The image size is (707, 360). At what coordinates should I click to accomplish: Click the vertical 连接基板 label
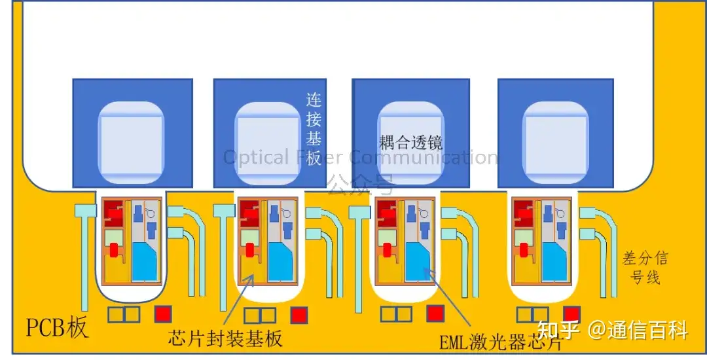tap(314, 128)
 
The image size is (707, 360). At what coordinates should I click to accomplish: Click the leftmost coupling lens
tap(132, 141)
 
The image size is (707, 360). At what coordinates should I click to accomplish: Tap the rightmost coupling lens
tap(555, 141)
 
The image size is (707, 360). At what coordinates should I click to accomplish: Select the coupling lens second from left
tap(268, 141)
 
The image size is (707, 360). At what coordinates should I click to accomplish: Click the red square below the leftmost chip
tap(163, 314)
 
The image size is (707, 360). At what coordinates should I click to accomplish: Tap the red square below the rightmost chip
tap(572, 314)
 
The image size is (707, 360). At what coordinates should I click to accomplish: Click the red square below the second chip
tap(299, 315)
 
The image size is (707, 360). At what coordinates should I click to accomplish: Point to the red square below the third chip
tap(435, 314)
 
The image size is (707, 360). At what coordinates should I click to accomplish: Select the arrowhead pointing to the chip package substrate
tap(251, 278)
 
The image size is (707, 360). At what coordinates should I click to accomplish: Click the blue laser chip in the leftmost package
tap(145, 260)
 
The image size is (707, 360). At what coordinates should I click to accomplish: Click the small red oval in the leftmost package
tap(113, 249)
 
